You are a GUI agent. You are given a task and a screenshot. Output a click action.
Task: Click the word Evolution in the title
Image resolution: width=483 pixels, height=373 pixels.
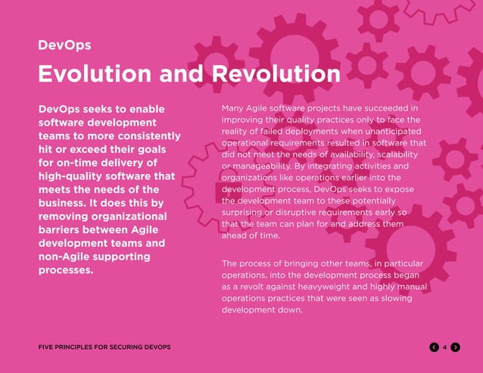[x=98, y=73]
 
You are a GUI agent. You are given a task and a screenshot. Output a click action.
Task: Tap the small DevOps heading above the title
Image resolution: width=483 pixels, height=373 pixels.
[x=65, y=45]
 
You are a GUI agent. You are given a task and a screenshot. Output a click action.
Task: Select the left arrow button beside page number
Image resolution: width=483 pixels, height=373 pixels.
[x=434, y=347]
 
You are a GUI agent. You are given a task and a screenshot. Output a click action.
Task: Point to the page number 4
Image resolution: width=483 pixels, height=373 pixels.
[x=444, y=347]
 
